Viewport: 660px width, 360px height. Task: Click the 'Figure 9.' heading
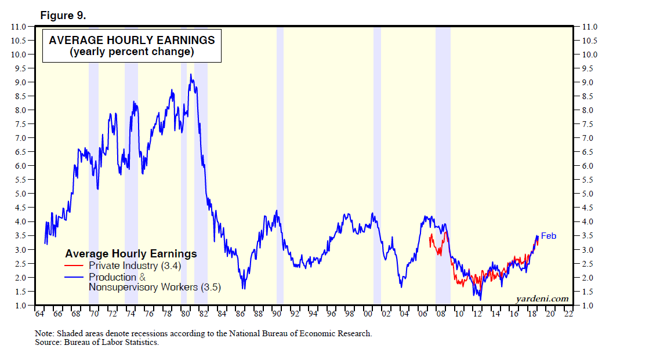click(63, 16)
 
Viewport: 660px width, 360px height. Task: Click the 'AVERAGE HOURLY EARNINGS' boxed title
click(132, 40)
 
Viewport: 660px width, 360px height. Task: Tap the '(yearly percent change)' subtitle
click(132, 52)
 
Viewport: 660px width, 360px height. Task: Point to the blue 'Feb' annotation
click(549, 236)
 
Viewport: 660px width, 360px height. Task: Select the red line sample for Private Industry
click(75, 266)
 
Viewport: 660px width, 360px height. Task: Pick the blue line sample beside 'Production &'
click(75, 277)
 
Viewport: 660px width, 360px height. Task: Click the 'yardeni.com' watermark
click(542, 299)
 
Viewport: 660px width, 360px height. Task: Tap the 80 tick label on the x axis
click(185, 314)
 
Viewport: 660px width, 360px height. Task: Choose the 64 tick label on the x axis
click(39, 314)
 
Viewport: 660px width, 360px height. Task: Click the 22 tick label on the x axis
click(569, 314)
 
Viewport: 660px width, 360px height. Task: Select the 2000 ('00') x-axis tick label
click(368, 314)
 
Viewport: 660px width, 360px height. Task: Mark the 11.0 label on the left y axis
click(18, 27)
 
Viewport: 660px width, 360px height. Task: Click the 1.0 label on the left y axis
click(19, 305)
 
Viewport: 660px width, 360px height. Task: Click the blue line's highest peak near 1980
click(191, 74)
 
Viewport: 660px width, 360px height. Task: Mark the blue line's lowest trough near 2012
click(480, 299)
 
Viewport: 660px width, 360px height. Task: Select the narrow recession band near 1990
click(280, 165)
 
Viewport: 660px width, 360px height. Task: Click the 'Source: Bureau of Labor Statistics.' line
click(97, 343)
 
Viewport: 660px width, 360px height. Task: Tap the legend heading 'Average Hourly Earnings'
click(131, 254)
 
